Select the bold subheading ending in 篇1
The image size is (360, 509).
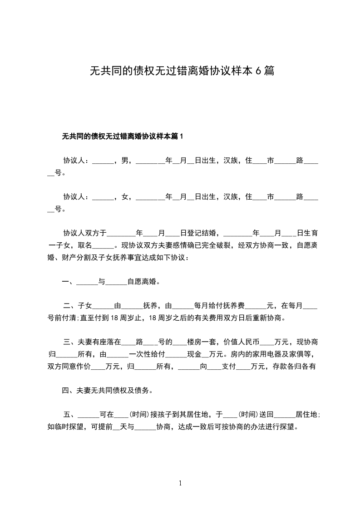(122, 136)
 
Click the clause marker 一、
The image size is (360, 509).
(69, 282)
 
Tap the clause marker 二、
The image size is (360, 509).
(70, 306)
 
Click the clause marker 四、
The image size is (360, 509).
(69, 390)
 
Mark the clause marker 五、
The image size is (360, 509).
(70, 415)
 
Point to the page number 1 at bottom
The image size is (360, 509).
(180, 484)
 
